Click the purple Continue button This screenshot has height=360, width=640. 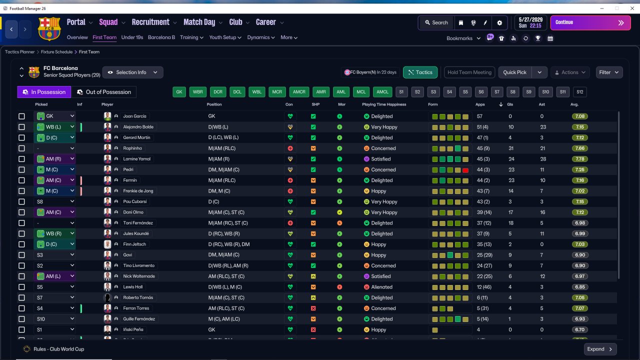pos(590,22)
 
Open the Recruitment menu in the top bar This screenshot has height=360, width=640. pos(154,22)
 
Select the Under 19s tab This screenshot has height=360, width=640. pos(132,37)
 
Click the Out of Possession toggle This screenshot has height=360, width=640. pos(104,92)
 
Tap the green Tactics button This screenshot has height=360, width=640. pos(420,72)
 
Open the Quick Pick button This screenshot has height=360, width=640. pos(514,72)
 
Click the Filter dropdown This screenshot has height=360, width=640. pos(609,72)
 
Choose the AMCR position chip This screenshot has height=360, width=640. pos(299,92)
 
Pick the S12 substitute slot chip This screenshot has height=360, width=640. pos(579,92)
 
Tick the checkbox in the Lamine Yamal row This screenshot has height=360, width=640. pos(21,159)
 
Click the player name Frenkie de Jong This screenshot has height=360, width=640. pos(138,191)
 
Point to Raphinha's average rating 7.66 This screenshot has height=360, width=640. pos(579,148)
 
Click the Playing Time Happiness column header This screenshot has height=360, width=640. pos(384,104)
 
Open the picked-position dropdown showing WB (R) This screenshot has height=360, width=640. pos(54,233)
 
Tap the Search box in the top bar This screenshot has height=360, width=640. pos(436,22)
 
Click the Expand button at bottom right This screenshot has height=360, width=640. pos(600,349)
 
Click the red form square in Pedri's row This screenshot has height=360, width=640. pos(465,170)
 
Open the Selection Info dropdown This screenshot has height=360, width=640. pos(132,72)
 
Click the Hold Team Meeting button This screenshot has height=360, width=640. pos(469,72)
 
